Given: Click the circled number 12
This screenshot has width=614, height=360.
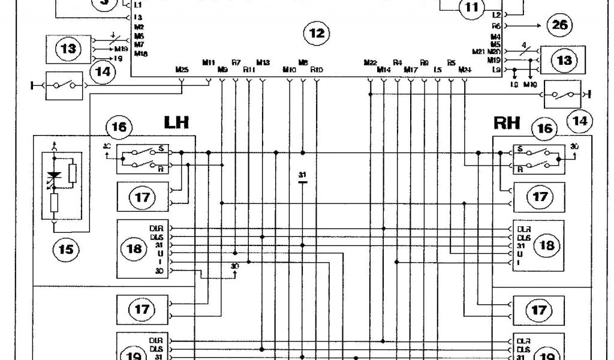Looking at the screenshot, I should click(316, 34).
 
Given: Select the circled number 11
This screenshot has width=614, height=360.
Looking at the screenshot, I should click(470, 7).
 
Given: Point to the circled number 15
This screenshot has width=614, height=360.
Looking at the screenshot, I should click(65, 248).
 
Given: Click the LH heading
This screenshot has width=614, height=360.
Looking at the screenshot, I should click(176, 123).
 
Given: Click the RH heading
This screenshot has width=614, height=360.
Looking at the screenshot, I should click(507, 124).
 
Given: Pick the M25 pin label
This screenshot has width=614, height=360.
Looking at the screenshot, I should click(182, 70).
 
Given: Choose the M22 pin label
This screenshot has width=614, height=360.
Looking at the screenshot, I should click(370, 62).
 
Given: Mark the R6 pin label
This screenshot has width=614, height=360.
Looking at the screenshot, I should click(496, 26).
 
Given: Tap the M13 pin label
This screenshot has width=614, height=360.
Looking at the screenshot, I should click(263, 62).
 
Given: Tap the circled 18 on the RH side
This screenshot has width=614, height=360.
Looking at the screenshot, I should click(546, 245).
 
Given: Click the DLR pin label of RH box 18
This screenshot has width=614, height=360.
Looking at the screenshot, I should click(523, 229).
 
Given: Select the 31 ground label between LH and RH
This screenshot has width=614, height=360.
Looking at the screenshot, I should click(303, 175).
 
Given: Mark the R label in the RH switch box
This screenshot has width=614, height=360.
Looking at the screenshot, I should click(519, 170).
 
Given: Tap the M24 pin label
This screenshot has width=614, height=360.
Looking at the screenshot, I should click(464, 70).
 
